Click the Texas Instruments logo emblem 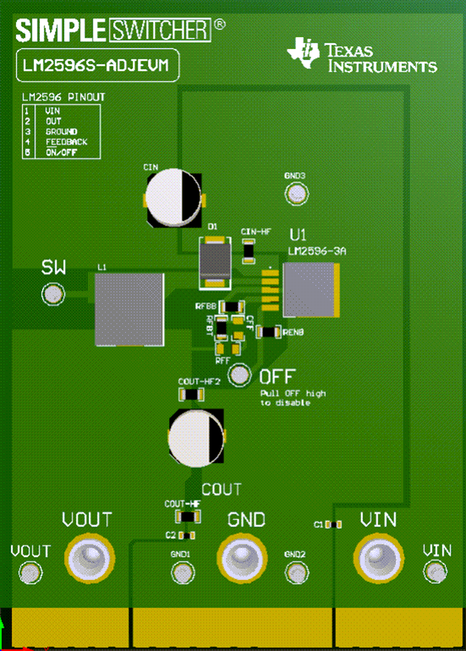point(302,53)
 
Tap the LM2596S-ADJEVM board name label point(96,67)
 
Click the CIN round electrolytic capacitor point(173,197)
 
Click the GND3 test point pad point(296,193)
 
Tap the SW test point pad point(52,294)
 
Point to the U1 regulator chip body point(310,289)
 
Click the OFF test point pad point(239,375)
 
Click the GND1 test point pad point(180,573)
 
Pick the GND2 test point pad point(297,573)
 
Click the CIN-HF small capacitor point(248,250)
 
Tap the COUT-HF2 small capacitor point(190,394)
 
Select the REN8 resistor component point(269,332)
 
